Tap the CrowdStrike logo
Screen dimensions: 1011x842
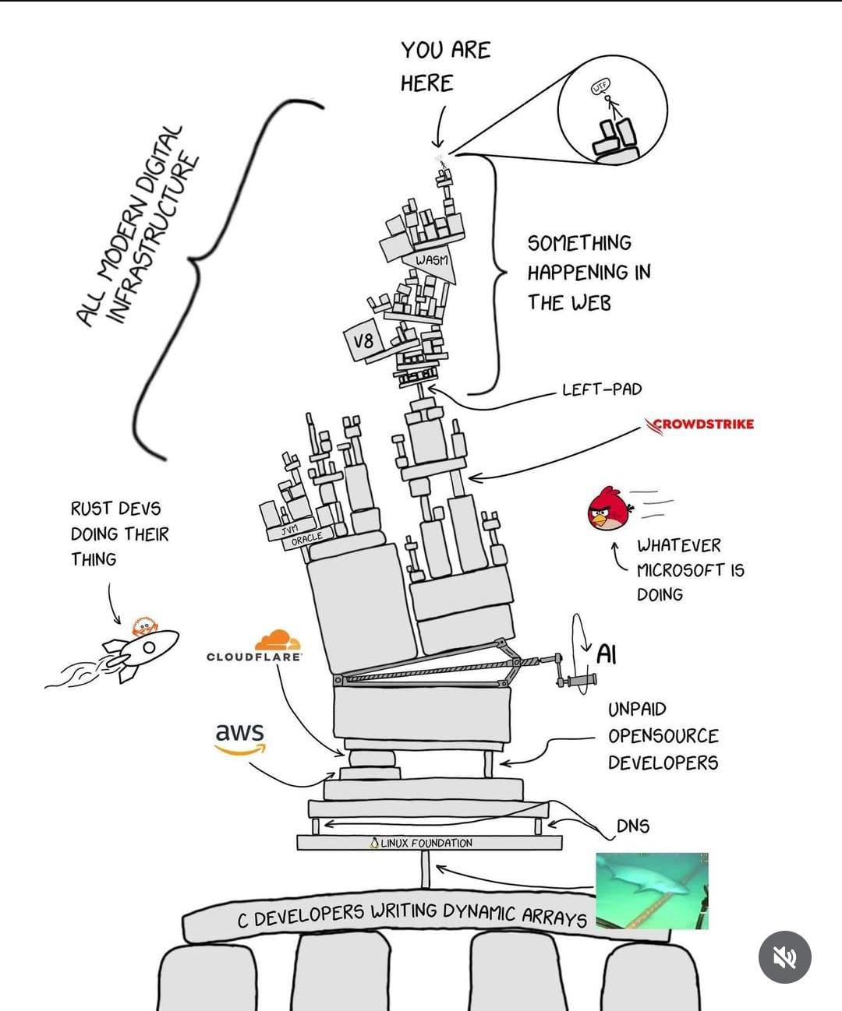[x=699, y=424]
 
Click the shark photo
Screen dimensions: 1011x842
[x=652, y=890]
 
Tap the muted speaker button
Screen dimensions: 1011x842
[x=784, y=957]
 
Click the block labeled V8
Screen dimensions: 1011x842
[x=363, y=341]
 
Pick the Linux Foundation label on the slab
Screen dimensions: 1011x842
[x=425, y=843]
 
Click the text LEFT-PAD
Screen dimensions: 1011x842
[x=601, y=389]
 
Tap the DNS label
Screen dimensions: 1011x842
[x=632, y=826]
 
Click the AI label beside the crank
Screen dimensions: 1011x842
[x=607, y=654]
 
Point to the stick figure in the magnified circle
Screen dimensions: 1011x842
[x=610, y=105]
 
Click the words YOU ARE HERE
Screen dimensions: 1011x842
[x=444, y=66]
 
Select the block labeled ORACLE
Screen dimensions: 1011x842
[x=308, y=538]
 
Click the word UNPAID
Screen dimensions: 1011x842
[x=637, y=710]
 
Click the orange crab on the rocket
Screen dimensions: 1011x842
[x=143, y=625]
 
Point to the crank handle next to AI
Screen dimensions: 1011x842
[x=578, y=682]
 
